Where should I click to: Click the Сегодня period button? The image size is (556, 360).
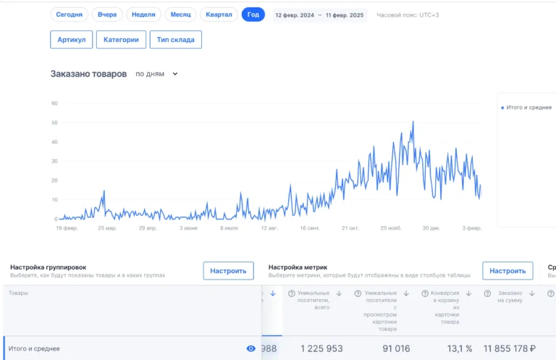[69, 14]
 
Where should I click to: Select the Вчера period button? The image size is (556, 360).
[107, 14]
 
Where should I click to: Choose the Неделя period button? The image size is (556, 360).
[143, 14]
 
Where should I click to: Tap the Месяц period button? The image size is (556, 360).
[180, 14]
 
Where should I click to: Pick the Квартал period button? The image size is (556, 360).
[219, 14]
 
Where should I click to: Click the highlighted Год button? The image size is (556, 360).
[253, 14]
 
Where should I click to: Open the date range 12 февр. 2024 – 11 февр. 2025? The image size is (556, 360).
[319, 15]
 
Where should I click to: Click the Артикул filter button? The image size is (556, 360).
[72, 40]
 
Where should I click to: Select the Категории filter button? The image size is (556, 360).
[121, 40]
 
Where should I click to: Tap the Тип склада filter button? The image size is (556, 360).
[175, 40]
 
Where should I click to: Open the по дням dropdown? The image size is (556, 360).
[156, 74]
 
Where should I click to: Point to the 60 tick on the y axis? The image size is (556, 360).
[54, 103]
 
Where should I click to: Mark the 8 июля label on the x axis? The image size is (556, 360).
[229, 228]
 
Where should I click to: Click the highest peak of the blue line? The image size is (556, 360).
[413, 122]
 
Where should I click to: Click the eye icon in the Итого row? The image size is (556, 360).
[251, 348]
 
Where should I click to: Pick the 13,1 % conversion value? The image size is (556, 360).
[458, 348]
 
